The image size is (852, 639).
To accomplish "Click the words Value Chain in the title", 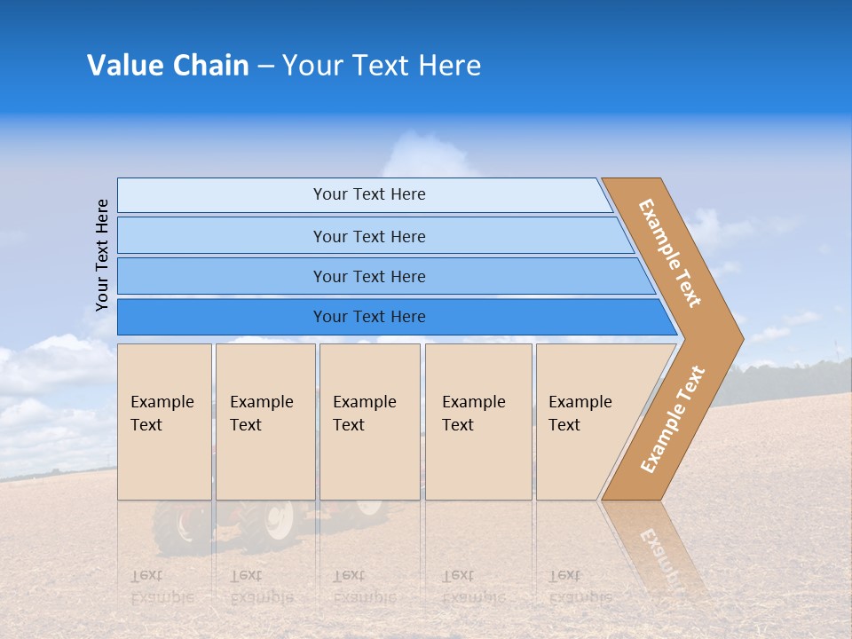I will pos(168,66).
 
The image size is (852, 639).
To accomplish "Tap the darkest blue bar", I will pos(222,317).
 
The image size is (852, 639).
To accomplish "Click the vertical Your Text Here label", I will pos(102,255).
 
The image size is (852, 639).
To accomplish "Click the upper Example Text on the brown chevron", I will pos(670,253).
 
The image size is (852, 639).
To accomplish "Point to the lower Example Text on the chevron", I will pos(673,419).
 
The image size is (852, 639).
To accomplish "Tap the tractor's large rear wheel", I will pos(278,518).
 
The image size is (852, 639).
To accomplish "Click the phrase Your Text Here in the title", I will pos(382,66).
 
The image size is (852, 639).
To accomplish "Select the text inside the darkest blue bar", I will pos(369,317).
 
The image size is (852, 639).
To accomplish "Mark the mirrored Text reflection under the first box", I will pos(146,576).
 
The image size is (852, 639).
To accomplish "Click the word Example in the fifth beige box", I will pos(580,402).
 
